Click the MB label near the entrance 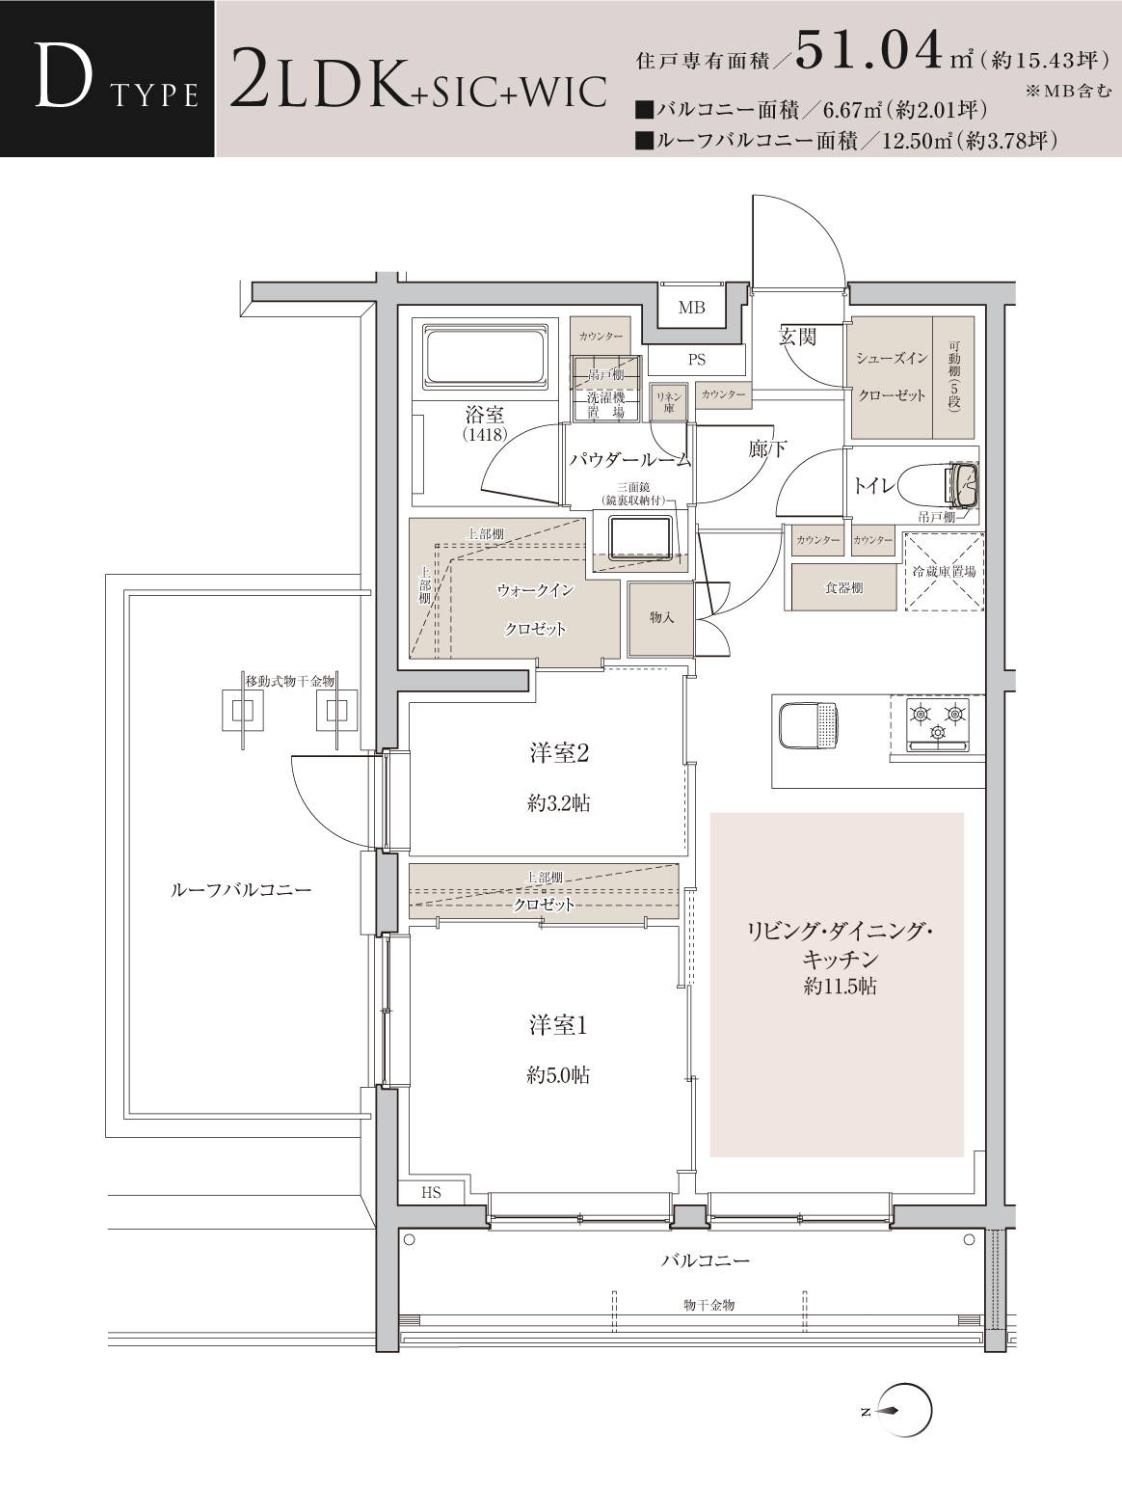pos(691,308)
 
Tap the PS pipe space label pos(696,360)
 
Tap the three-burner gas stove pos(937,723)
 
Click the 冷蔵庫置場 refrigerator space pos(943,572)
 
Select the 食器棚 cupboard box pos(843,587)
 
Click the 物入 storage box pos(661,619)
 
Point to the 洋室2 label pos(559,753)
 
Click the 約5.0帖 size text pos(558,1075)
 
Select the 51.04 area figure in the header pos(868,48)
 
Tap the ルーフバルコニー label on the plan pos(241,889)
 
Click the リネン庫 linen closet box pos(668,402)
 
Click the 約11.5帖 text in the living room pos(840,986)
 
